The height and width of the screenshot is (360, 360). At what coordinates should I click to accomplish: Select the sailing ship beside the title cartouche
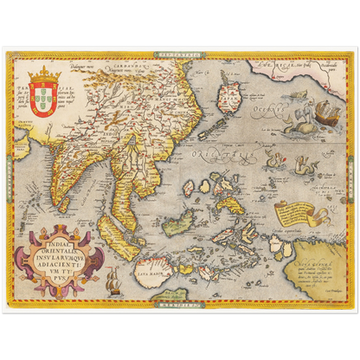(x=112, y=279)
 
